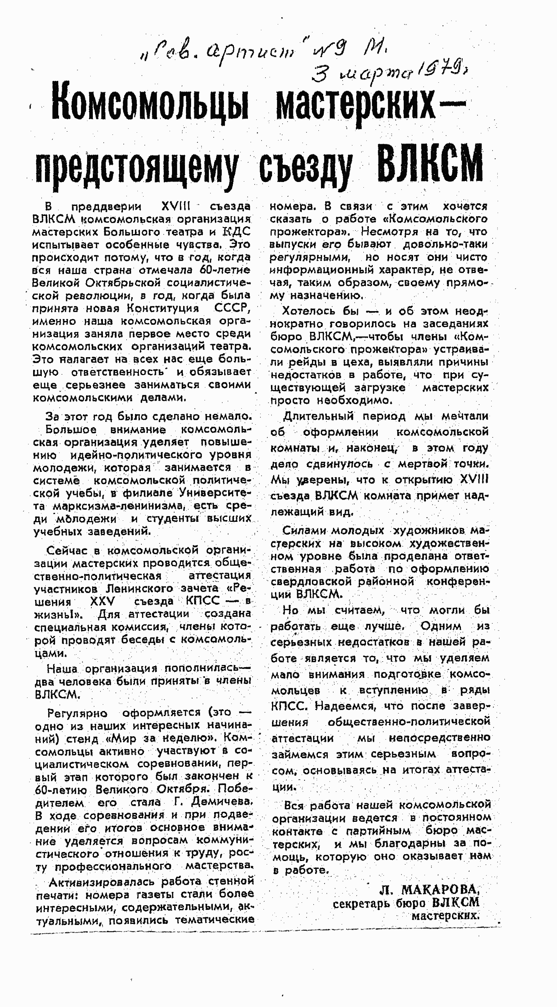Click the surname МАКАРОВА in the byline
pyautogui.click(x=440, y=890)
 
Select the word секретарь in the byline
pyautogui.click(x=362, y=903)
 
